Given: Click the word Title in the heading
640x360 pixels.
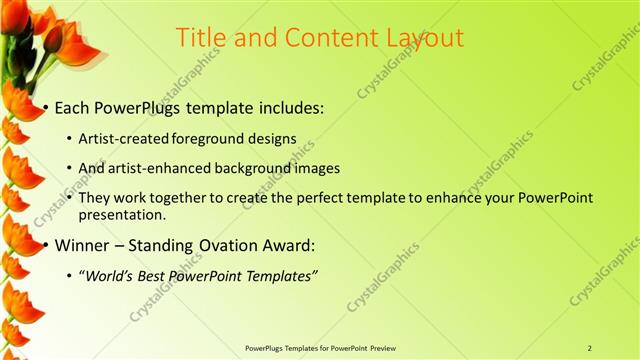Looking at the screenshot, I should (x=202, y=37).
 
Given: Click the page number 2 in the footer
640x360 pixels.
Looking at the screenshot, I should (x=590, y=348).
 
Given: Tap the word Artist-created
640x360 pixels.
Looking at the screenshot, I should (x=124, y=138).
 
